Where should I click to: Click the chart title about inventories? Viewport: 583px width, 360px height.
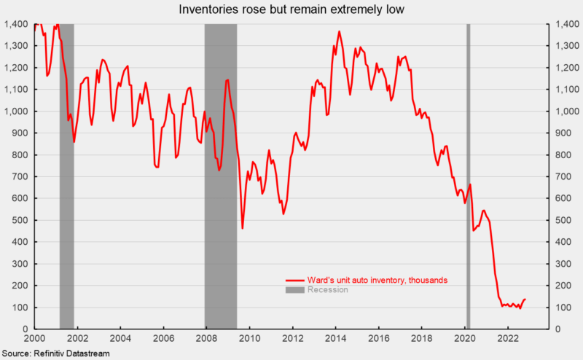[x=291, y=10]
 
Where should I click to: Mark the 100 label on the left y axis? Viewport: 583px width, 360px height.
[x=21, y=308]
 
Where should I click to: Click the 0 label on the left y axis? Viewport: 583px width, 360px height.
[x=27, y=329]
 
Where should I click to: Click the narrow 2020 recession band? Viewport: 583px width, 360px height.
[x=468, y=175]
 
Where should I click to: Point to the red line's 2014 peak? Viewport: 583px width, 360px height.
[x=339, y=32]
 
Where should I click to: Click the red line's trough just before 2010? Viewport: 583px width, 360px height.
[x=242, y=228]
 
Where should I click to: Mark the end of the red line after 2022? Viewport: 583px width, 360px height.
[x=525, y=299]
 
